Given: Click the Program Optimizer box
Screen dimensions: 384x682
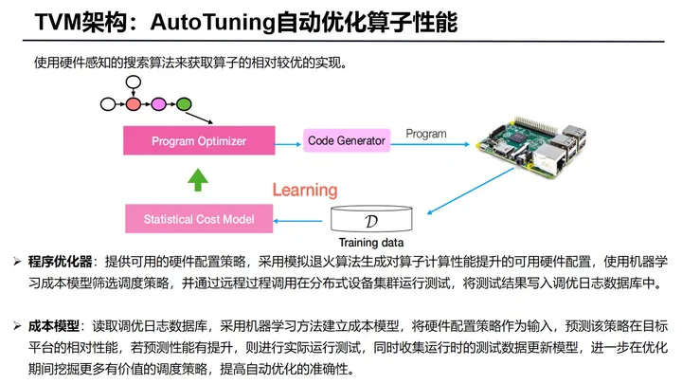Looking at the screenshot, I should [199, 141].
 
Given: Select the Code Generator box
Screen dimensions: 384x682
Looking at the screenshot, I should [347, 141].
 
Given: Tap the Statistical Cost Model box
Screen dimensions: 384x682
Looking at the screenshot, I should [199, 219].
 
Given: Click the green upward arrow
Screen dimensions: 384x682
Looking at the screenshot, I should [196, 180].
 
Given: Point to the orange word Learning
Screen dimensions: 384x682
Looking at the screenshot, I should [304, 191].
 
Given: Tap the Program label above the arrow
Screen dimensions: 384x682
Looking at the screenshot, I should [425, 134].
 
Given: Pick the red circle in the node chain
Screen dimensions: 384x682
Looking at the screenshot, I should [135, 103].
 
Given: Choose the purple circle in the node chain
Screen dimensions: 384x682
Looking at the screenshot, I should [159, 103].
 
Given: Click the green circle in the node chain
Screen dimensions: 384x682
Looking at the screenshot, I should [184, 103].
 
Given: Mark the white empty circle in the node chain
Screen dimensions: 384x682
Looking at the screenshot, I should [108, 103].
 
